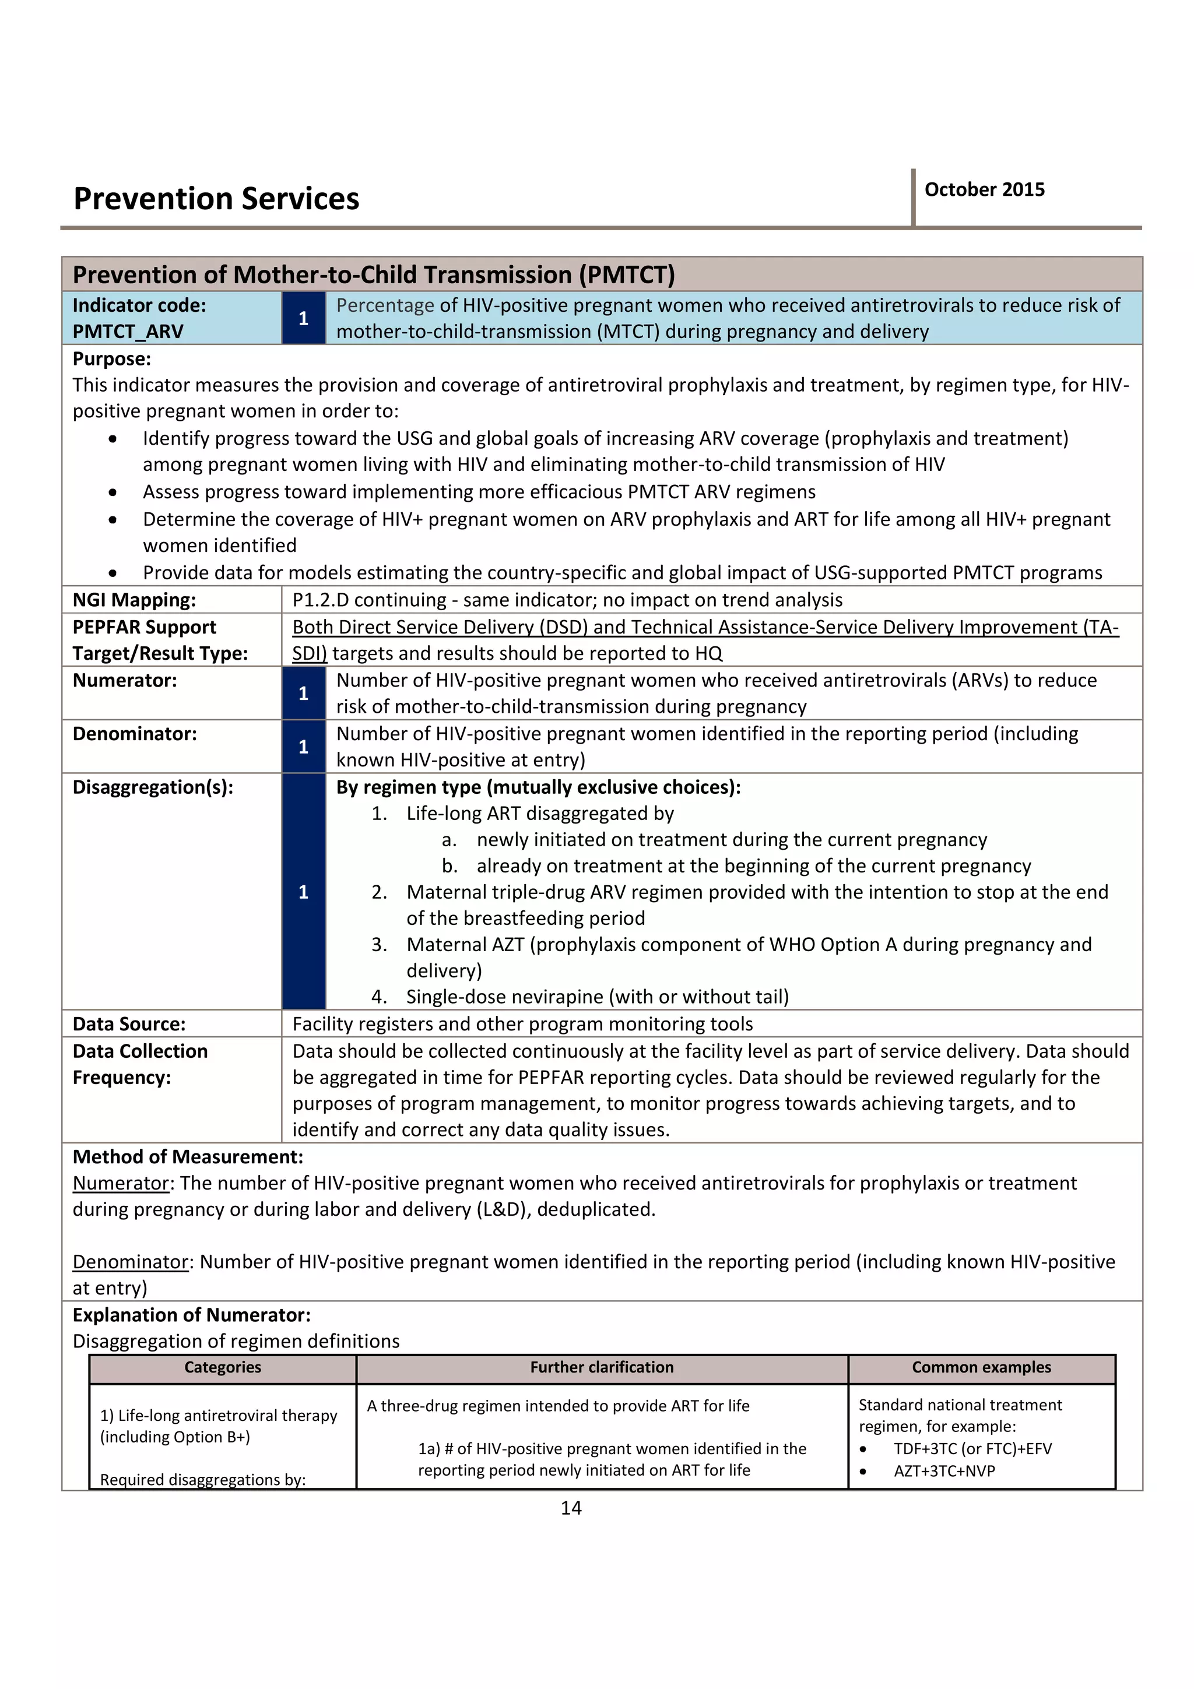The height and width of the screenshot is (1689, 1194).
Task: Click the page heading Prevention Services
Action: tap(216, 199)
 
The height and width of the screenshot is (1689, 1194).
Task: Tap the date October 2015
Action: tap(984, 190)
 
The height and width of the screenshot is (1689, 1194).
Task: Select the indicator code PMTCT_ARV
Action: tap(128, 332)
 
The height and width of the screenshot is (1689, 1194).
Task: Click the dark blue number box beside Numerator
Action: tap(303, 693)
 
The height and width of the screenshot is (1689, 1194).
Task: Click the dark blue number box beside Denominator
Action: tap(303, 747)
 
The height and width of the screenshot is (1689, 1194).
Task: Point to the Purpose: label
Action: tap(111, 359)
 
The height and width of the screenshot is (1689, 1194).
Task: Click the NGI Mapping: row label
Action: tap(134, 600)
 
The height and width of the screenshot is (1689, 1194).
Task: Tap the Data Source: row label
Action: tap(129, 1024)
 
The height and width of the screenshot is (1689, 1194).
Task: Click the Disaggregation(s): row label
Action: tap(152, 787)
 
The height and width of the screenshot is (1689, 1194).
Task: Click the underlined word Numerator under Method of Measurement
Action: tap(121, 1183)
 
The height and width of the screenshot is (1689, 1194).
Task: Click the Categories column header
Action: tap(223, 1367)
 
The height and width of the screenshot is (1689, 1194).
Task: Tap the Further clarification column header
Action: tap(602, 1367)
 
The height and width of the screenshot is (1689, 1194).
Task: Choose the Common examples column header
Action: tap(981, 1367)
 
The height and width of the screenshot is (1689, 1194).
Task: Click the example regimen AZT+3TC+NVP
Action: tap(944, 1470)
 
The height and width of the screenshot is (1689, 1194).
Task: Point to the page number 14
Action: tap(571, 1508)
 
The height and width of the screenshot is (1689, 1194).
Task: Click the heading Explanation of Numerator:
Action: tap(191, 1315)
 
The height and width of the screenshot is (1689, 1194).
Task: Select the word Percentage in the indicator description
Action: tap(385, 305)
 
